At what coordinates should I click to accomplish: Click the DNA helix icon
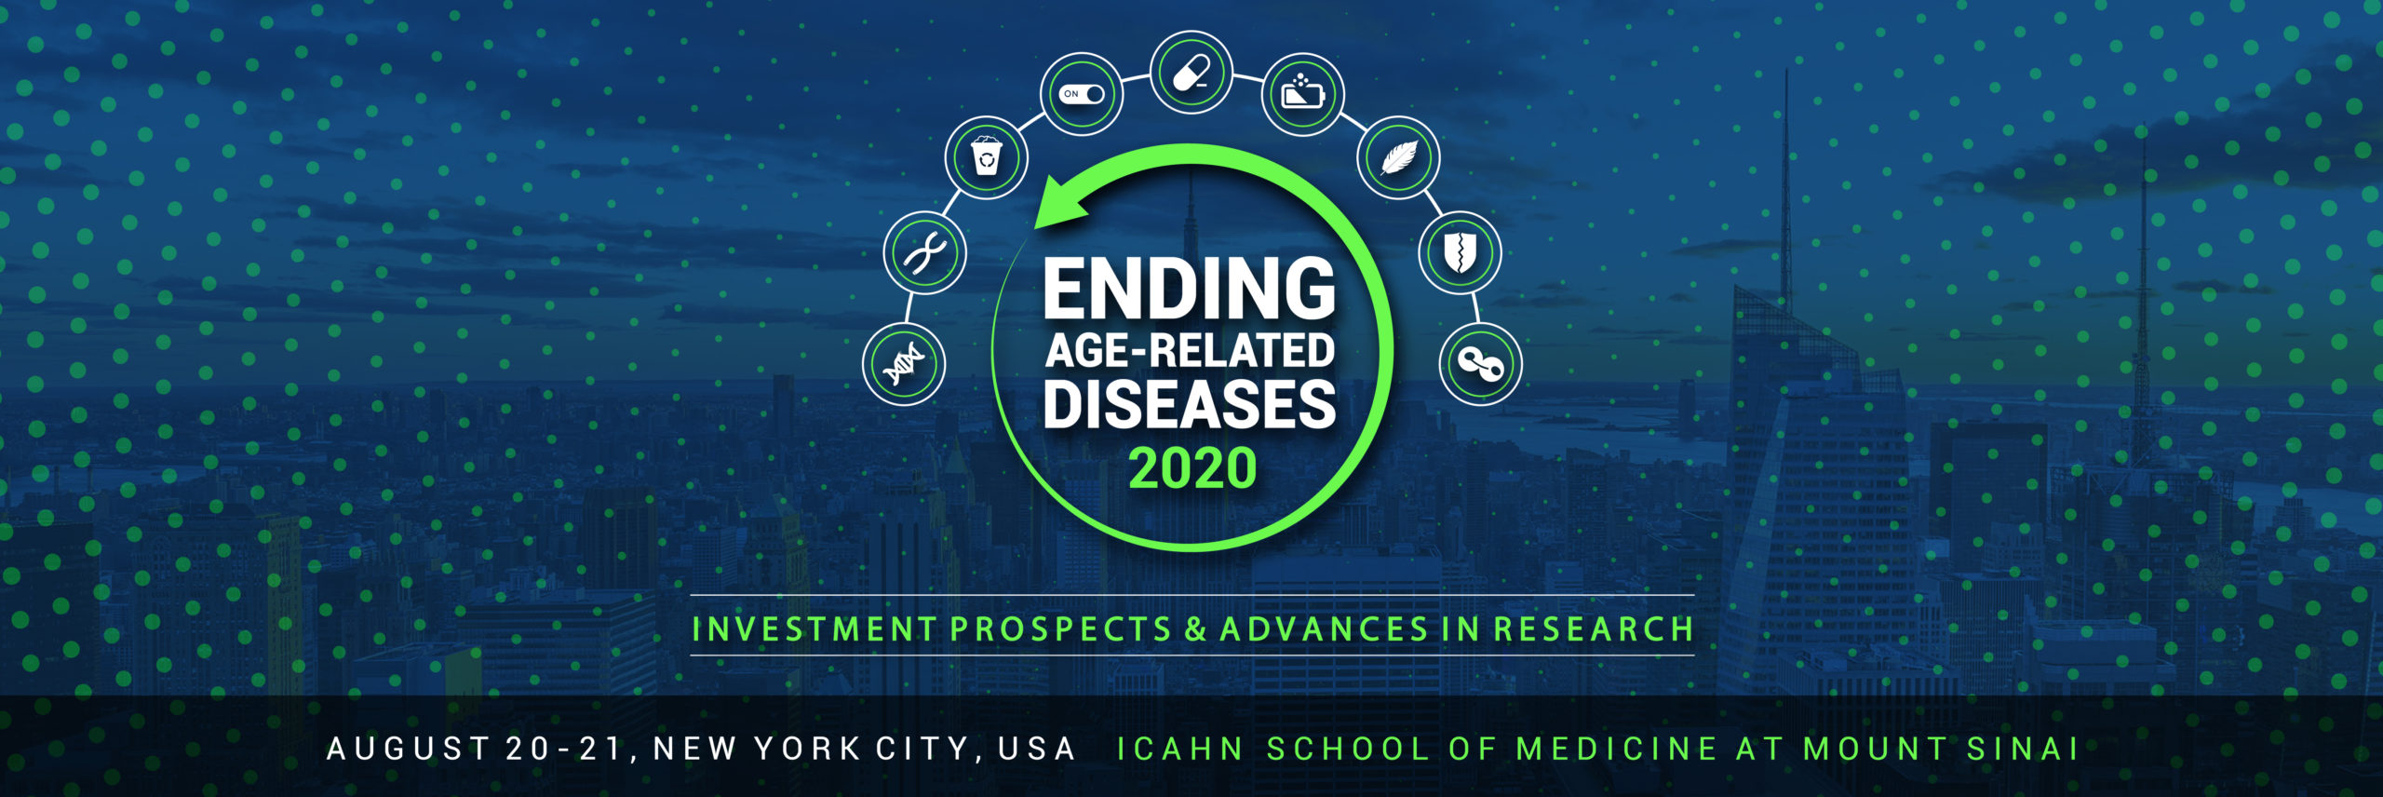click(904, 364)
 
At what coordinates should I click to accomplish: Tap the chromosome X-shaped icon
click(925, 252)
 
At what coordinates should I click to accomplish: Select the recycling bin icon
click(987, 157)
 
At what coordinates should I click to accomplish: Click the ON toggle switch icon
click(1082, 94)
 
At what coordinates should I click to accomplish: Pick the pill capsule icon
click(1191, 73)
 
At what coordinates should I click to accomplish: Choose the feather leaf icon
click(1398, 157)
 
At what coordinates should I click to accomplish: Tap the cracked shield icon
click(1460, 252)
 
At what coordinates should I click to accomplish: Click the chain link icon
click(1481, 364)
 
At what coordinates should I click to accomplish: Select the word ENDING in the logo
click(1190, 289)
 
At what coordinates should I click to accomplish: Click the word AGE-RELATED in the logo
click(1190, 350)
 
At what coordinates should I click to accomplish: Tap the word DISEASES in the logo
click(1190, 404)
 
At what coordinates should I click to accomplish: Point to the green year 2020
click(1192, 467)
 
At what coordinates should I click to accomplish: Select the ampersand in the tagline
click(1195, 629)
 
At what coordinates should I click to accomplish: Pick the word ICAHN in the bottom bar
click(1179, 749)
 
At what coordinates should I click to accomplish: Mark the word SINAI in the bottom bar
click(2022, 749)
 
